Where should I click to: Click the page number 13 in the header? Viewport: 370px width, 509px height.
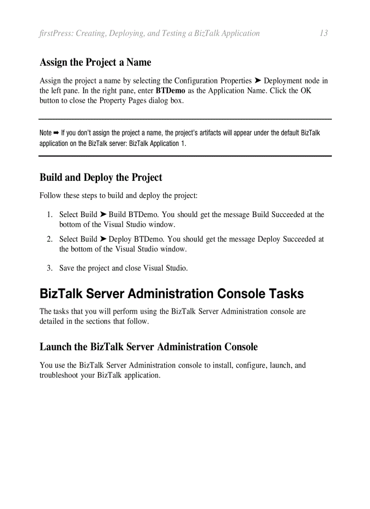[323, 33]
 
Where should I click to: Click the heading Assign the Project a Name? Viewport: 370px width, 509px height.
[95, 62]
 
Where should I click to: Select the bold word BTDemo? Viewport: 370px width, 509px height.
[170, 91]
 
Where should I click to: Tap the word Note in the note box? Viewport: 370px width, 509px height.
[45, 133]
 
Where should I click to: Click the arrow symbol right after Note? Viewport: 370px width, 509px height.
[56, 133]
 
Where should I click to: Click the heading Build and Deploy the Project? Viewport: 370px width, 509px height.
[101, 177]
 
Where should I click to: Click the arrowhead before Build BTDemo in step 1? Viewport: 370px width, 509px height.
[103, 214]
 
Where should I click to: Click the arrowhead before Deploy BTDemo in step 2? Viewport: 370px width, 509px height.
[103, 239]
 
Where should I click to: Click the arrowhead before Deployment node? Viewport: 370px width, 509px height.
[258, 81]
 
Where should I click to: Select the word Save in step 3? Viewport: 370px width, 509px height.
[67, 268]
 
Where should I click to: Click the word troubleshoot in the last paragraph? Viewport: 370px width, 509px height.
[59, 375]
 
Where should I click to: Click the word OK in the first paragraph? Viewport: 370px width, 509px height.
[306, 91]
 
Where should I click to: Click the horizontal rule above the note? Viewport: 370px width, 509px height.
[185, 119]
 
